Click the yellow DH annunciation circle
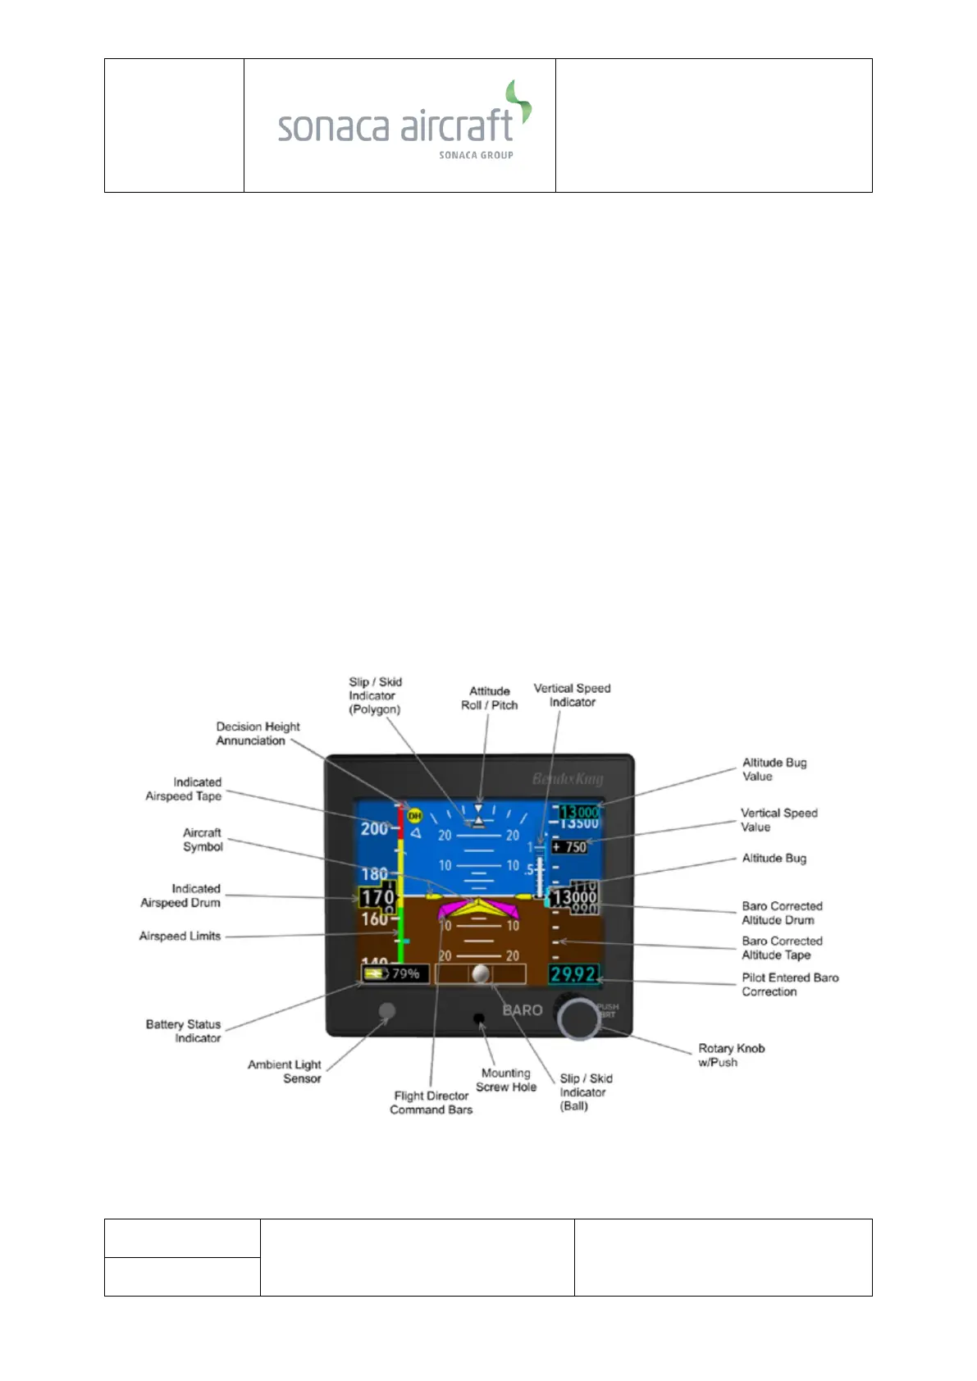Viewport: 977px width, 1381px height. (x=414, y=815)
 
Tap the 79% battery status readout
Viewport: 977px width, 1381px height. (x=395, y=973)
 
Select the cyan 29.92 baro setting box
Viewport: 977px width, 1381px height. (x=573, y=973)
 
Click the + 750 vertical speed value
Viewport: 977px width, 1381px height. (x=569, y=847)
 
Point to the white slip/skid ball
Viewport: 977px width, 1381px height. (x=482, y=973)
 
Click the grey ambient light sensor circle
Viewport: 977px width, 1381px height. (x=387, y=1011)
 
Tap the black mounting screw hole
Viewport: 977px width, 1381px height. (x=479, y=1018)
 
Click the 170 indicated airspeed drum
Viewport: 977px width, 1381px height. (x=377, y=897)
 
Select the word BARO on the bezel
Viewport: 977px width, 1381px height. (x=523, y=1010)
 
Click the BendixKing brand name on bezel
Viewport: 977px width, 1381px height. (x=568, y=778)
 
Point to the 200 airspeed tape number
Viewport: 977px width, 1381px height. (x=374, y=829)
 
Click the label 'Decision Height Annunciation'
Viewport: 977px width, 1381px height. (x=258, y=733)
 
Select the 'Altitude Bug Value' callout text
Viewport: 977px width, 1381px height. (x=774, y=769)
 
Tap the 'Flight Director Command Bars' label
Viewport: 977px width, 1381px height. (x=431, y=1102)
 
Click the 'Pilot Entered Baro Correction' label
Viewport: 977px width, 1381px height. (x=790, y=984)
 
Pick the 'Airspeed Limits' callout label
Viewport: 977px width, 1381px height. (x=180, y=936)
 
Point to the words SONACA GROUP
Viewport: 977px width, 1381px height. (x=476, y=155)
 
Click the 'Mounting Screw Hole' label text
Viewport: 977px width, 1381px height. (x=505, y=1080)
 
